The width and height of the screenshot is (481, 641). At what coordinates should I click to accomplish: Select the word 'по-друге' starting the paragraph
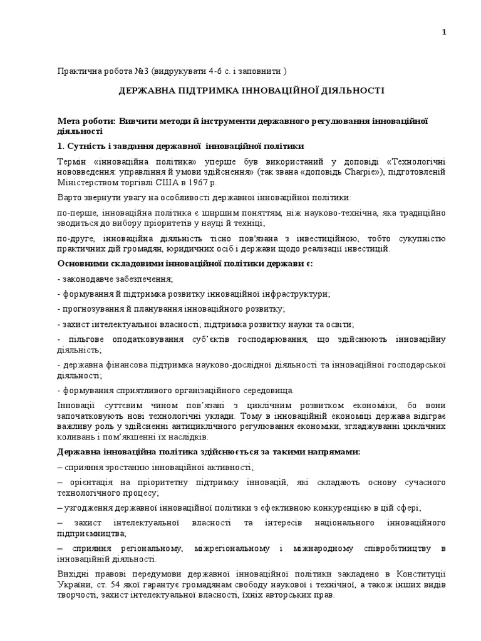pos(73,238)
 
